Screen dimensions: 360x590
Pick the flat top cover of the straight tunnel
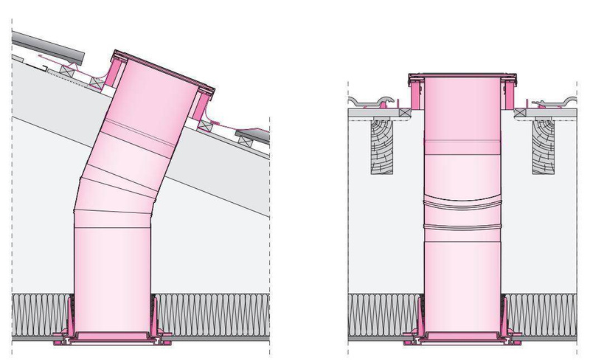point(462,75)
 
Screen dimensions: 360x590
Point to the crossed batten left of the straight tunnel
point(398,111)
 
